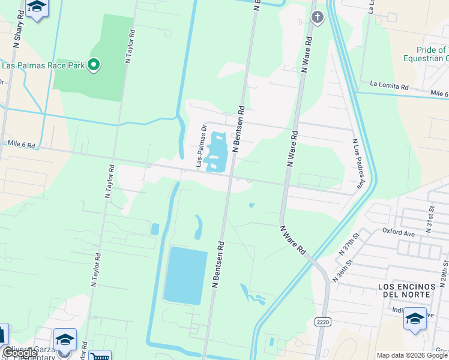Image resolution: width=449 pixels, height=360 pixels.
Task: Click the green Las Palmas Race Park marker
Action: [x=93, y=64]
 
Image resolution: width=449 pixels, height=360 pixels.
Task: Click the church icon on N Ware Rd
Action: [x=318, y=17]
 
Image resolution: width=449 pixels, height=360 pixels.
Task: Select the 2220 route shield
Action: [x=323, y=322]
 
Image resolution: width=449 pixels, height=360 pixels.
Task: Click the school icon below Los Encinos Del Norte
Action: [x=415, y=318]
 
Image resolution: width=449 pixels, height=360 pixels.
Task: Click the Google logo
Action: [x=19, y=353]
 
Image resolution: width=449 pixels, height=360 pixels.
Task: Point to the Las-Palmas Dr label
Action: [x=200, y=146]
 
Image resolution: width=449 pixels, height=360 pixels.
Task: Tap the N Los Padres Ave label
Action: [x=357, y=164]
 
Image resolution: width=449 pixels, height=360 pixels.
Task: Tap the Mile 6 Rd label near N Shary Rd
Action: [x=22, y=145]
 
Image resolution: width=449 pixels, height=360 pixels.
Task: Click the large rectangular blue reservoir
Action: [x=185, y=274]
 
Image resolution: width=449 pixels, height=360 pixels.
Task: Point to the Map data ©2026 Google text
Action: [x=412, y=355]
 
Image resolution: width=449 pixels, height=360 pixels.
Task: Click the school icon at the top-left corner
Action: [x=37, y=7]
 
